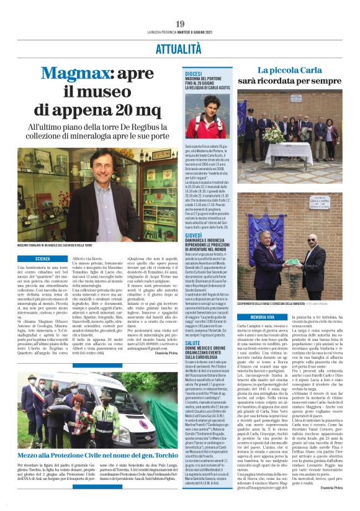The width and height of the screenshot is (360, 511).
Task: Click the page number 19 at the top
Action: tap(180, 24)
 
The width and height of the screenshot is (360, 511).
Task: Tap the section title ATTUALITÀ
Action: tap(179, 48)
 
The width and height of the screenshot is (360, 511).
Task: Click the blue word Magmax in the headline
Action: tap(85, 74)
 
